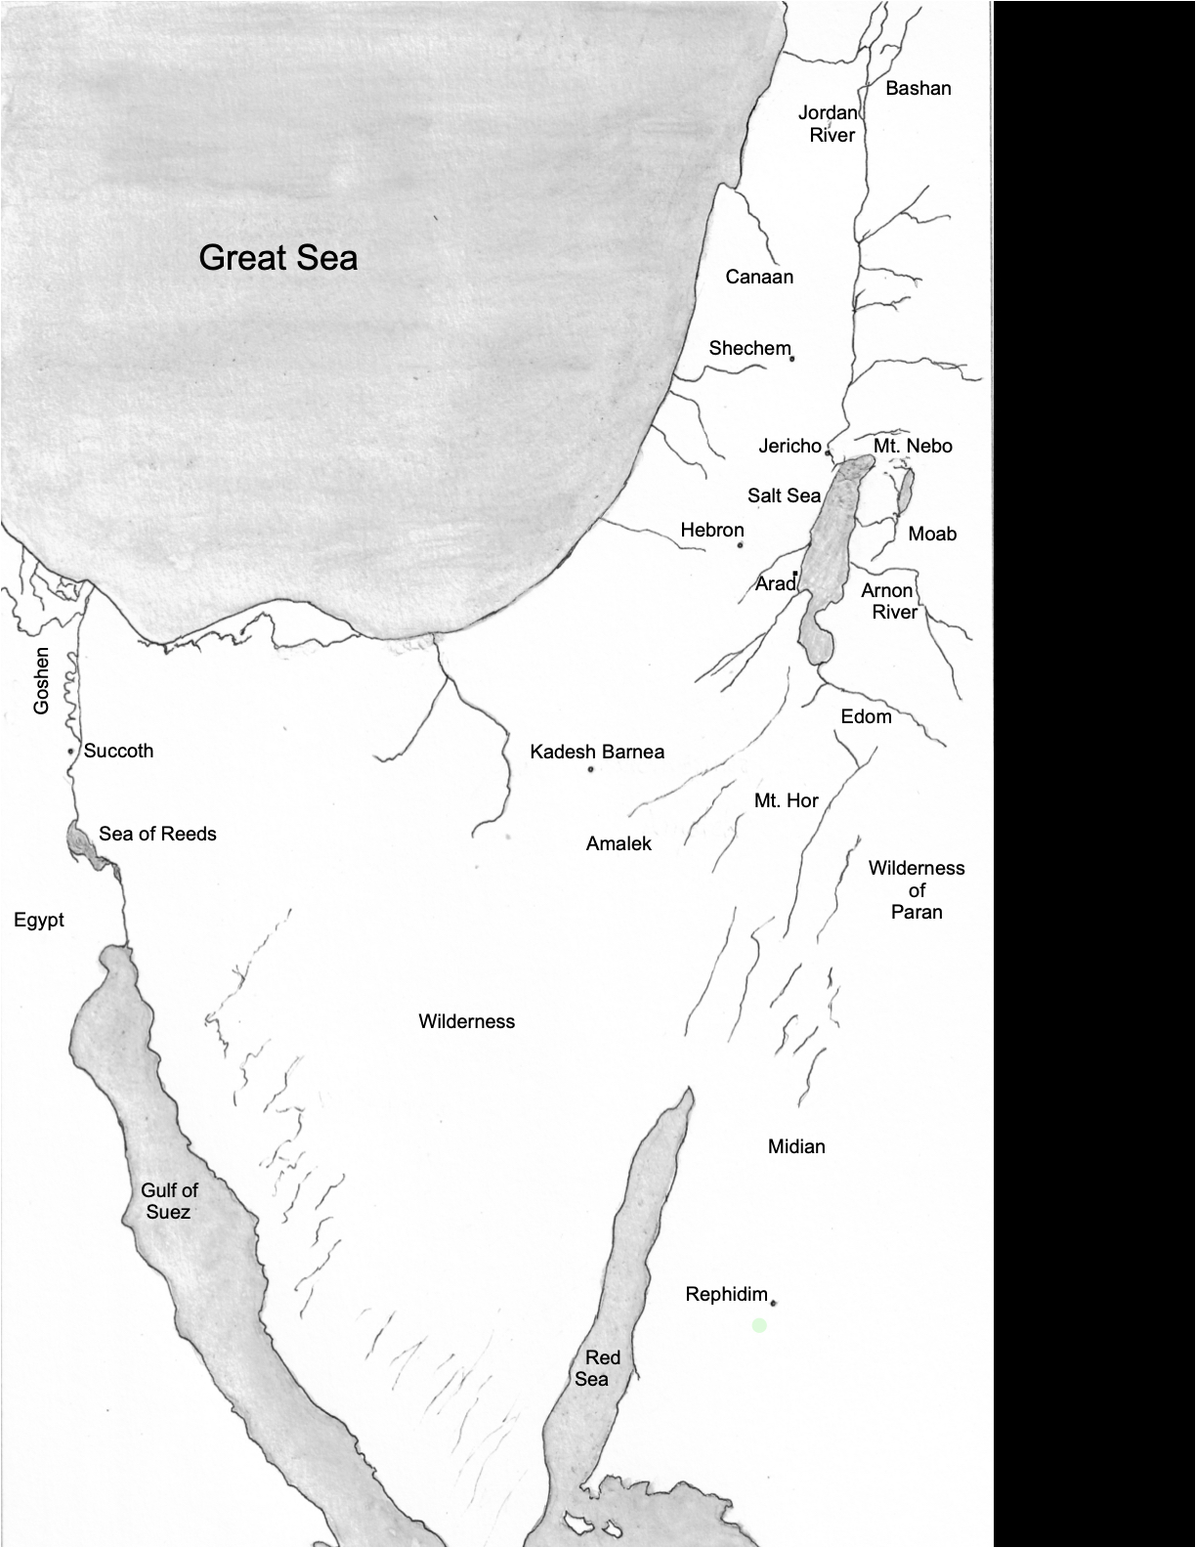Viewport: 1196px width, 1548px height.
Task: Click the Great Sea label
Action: coord(278,258)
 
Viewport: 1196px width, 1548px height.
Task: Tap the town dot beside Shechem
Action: coord(791,359)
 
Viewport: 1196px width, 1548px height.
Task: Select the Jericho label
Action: coord(790,447)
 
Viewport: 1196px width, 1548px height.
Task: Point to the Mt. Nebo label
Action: coord(913,446)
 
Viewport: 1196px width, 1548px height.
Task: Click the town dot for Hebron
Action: coord(741,544)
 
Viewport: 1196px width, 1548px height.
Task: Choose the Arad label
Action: coord(776,583)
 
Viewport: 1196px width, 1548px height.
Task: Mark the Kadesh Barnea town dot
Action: coord(591,770)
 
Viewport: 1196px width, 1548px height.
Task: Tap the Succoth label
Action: coord(118,751)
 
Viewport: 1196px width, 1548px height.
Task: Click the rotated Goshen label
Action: coord(41,680)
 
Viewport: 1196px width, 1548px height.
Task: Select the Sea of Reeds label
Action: coord(157,834)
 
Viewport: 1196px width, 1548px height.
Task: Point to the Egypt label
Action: coord(39,920)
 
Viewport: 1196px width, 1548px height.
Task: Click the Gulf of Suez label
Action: coord(169,1201)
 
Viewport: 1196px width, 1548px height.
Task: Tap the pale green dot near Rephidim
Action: coord(759,1325)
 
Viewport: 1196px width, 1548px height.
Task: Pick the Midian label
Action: coord(796,1146)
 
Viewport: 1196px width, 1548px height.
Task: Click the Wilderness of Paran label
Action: coord(917,890)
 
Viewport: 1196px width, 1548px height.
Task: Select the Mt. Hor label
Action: coord(786,800)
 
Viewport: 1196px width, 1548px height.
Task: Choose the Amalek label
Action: coord(619,843)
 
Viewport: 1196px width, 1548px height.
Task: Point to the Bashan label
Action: coord(918,88)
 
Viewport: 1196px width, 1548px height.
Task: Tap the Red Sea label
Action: coord(596,1368)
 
